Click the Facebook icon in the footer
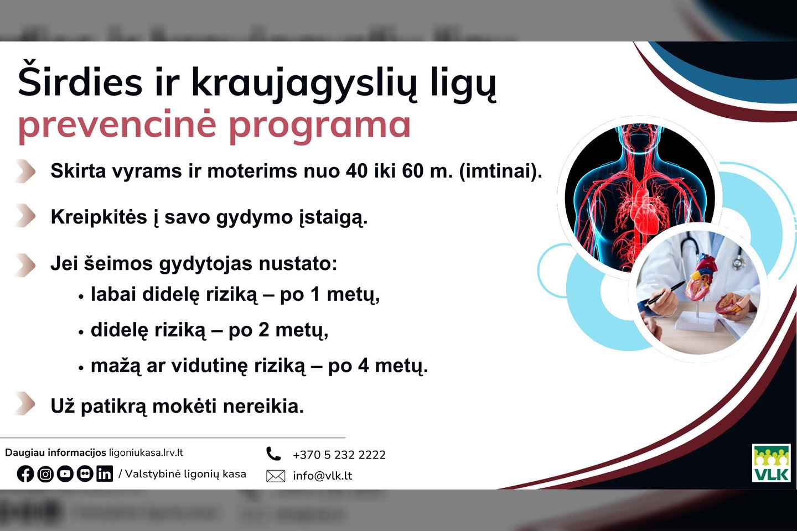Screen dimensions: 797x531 pyautogui.click(x=25, y=473)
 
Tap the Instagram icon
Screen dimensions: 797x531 pyautogui.click(x=45, y=473)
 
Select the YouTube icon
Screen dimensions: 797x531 pyautogui.click(x=65, y=473)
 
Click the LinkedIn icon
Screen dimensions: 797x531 pyautogui.click(x=105, y=473)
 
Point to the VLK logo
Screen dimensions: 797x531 pyautogui.click(x=771, y=463)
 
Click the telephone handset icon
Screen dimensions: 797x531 pyautogui.click(x=273, y=454)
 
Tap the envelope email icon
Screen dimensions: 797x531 pyautogui.click(x=276, y=476)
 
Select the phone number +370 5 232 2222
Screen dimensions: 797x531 pyautogui.click(x=339, y=455)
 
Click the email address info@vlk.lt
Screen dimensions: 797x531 pyautogui.click(x=322, y=476)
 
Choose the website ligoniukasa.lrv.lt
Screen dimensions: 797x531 pyautogui.click(x=146, y=453)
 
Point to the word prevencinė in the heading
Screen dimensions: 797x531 pyautogui.click(x=117, y=124)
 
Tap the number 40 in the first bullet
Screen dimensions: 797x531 pyautogui.click(x=357, y=171)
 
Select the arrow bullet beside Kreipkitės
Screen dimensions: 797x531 pyautogui.click(x=26, y=216)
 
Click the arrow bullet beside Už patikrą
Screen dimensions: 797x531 pyautogui.click(x=26, y=403)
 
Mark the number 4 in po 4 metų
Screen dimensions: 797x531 pyautogui.click(x=363, y=366)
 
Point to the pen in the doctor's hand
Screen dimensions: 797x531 pyautogui.click(x=665, y=293)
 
